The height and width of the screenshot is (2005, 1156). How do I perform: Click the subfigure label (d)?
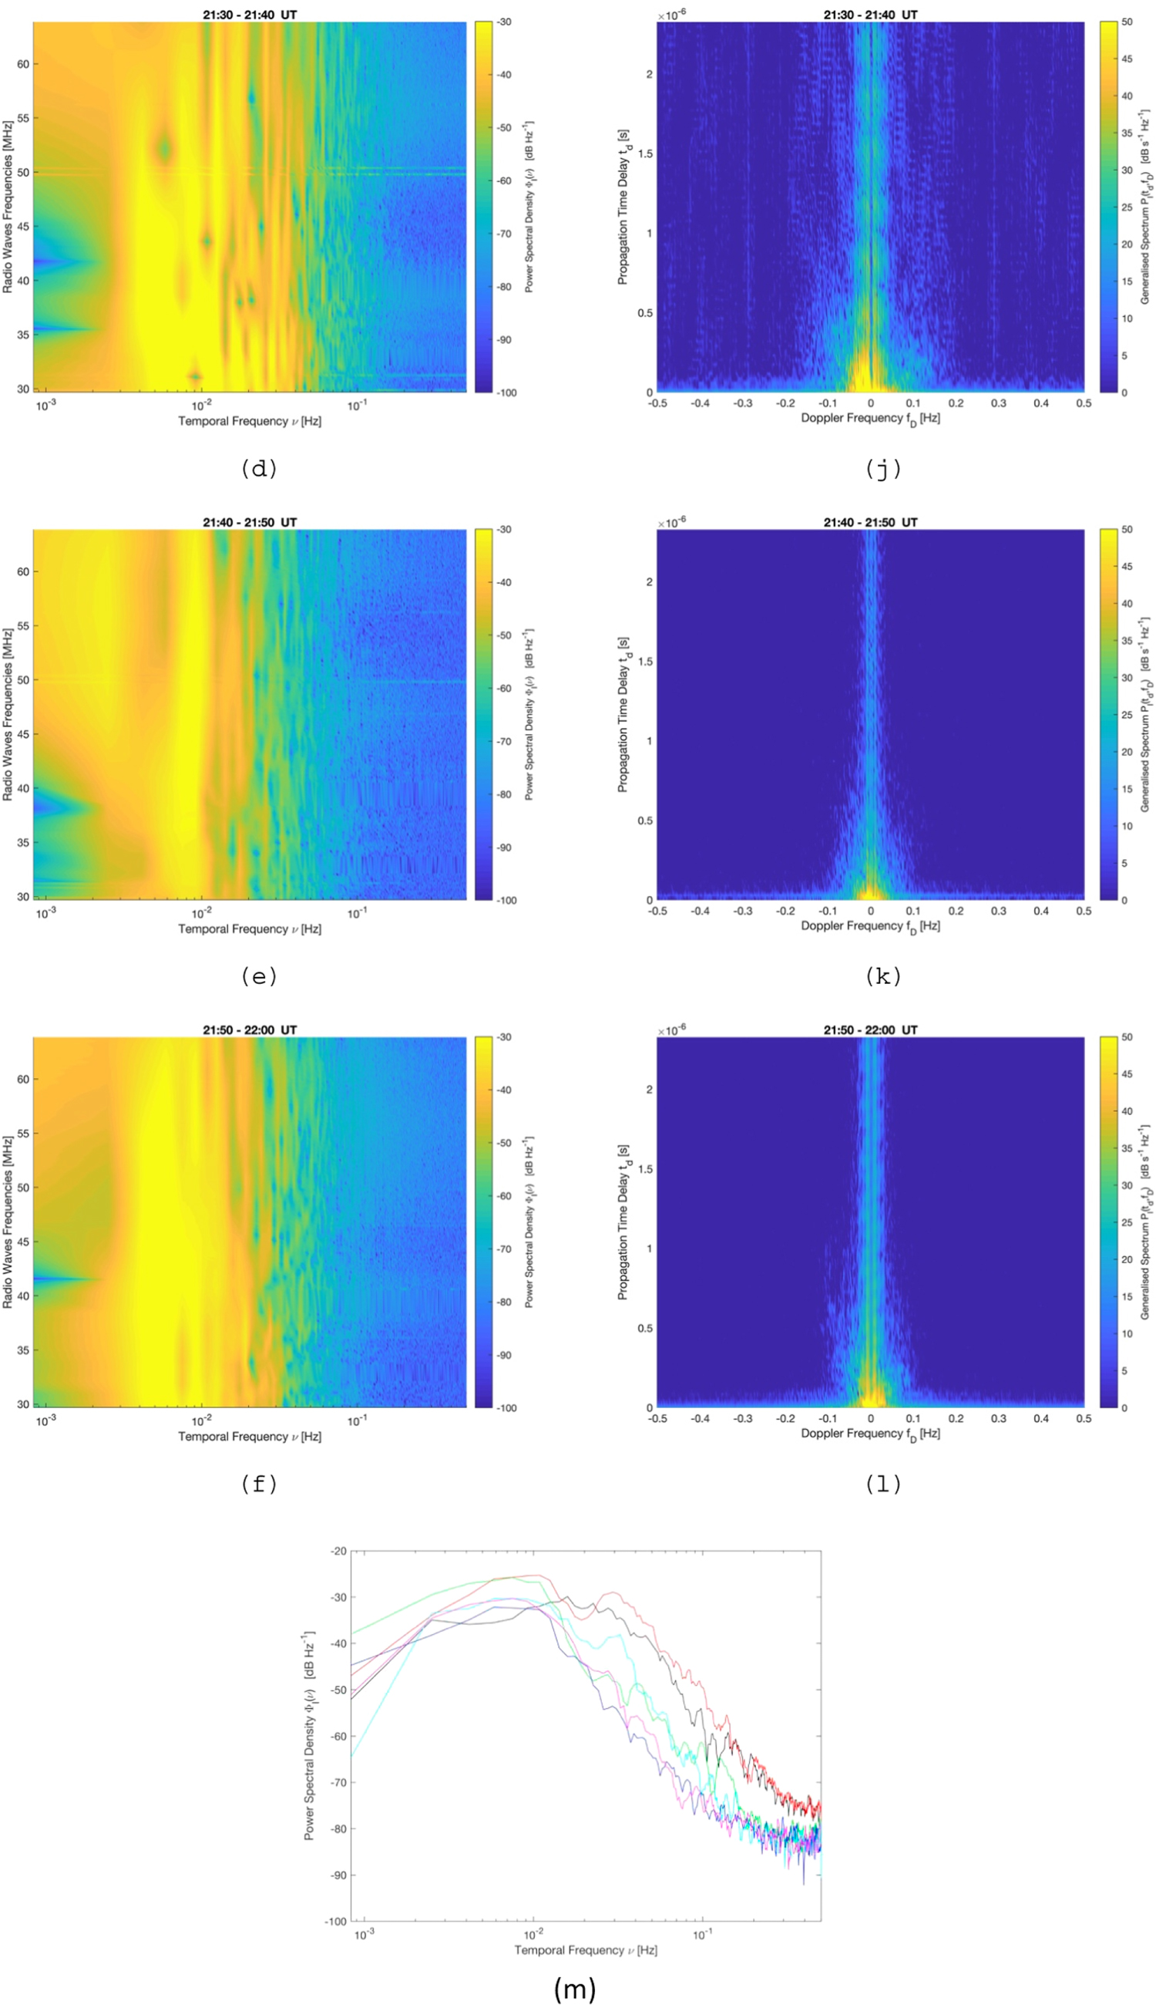(259, 469)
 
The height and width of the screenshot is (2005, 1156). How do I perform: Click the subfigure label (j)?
(883, 469)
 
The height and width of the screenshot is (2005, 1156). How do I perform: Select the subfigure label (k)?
(883, 976)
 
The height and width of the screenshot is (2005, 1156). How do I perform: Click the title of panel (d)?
(249, 15)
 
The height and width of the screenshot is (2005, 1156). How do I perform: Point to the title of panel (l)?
(870, 1029)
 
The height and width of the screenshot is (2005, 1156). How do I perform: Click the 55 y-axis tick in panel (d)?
(23, 118)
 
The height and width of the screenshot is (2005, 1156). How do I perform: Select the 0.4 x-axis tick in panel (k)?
(1041, 912)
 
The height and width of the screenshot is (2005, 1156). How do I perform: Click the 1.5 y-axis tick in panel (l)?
(645, 1169)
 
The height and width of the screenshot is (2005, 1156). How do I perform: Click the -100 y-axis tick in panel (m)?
(336, 1921)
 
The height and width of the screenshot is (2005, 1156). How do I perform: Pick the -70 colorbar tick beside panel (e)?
(504, 741)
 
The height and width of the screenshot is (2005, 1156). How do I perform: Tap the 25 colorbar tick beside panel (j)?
(1127, 207)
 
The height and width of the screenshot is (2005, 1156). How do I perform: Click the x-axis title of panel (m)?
(585, 1949)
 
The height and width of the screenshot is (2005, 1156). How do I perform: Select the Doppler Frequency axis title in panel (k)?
(870, 926)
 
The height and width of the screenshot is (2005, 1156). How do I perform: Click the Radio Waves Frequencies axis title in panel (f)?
(7, 1222)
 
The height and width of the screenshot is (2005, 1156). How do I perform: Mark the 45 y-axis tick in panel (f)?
(23, 1242)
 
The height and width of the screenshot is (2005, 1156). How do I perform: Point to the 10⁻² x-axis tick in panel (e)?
(202, 913)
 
